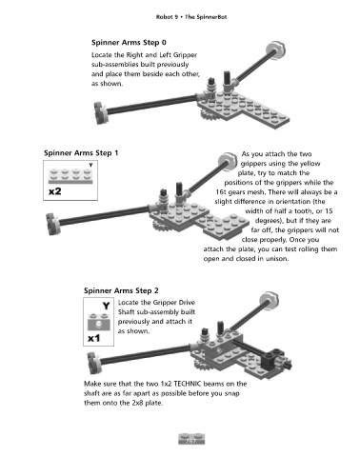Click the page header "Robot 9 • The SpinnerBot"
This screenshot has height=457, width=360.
(191, 17)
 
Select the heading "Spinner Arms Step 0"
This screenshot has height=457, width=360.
(129, 43)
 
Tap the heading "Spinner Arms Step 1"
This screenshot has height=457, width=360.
(81, 153)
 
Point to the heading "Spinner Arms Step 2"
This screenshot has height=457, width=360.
(121, 290)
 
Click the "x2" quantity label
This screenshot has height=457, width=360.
(54, 191)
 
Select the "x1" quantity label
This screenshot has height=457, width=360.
(93, 338)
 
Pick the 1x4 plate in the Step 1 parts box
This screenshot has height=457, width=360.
(70, 176)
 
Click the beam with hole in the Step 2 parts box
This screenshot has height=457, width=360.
(99, 322)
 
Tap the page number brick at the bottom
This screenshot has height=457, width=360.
(191, 439)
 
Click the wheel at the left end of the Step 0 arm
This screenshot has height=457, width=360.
(101, 113)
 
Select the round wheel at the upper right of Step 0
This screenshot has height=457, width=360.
(276, 50)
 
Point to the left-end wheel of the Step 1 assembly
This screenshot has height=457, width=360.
(53, 224)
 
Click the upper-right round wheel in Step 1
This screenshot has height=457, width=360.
(228, 162)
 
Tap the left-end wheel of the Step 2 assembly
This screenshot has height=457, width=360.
(94, 363)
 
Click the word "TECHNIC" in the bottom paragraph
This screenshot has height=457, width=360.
(187, 384)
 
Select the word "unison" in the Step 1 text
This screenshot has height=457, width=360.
(277, 259)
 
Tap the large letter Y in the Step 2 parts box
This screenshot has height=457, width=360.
(106, 306)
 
